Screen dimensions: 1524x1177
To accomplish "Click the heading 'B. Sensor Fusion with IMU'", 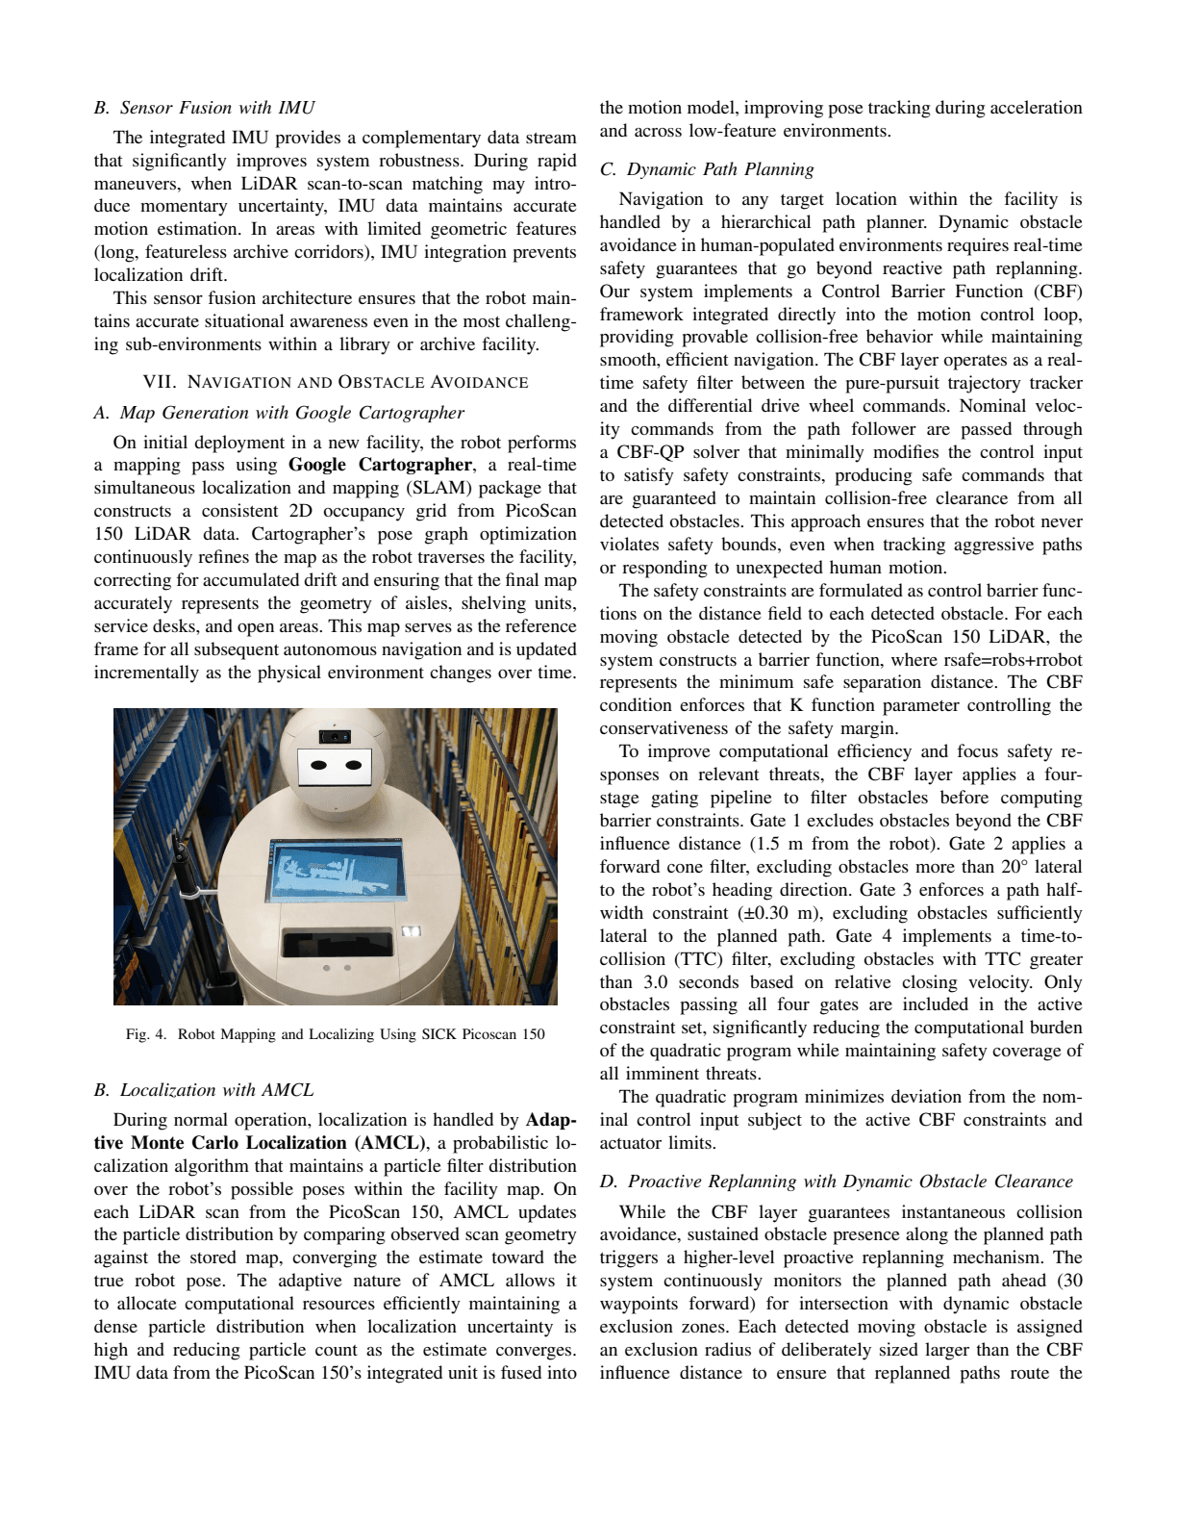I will (x=204, y=108).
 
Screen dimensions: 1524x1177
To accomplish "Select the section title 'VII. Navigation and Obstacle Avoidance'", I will (x=335, y=382).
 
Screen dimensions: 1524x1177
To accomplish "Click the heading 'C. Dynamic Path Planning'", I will (x=707, y=169).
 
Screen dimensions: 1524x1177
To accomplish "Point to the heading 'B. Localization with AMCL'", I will (x=204, y=1090).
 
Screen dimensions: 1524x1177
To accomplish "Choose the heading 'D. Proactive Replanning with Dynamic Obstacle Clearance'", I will (x=837, y=1181).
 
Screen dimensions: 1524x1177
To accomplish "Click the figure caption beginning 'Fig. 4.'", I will (x=335, y=1034).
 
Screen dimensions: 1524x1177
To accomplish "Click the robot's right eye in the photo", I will (x=354, y=766).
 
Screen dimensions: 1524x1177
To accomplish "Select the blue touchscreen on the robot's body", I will (x=337, y=869).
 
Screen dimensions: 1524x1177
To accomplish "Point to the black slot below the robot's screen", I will (x=337, y=942).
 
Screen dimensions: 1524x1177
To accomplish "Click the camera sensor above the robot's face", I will (x=335, y=737).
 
